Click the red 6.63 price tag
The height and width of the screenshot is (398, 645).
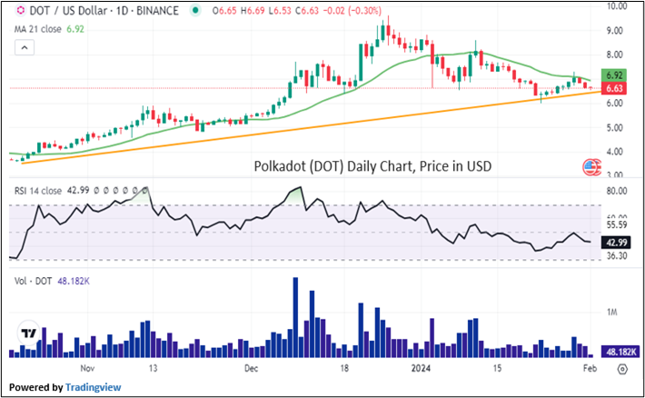coord(616,88)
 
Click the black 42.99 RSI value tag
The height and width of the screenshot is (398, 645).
coord(616,240)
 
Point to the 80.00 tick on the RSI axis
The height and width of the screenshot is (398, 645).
coord(617,191)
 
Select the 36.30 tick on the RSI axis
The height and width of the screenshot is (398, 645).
coord(617,256)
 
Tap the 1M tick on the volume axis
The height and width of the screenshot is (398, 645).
coord(614,312)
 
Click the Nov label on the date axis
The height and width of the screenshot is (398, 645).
coord(87,369)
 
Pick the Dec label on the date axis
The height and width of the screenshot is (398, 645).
coord(252,369)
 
